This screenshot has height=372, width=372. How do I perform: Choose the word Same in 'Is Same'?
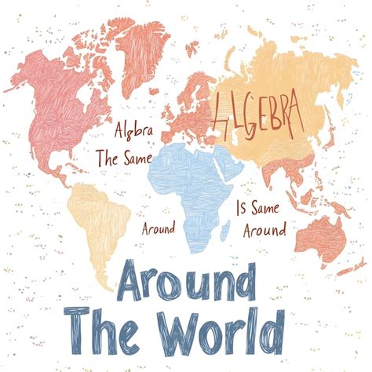(270, 210)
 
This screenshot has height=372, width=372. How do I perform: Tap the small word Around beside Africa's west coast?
(157, 231)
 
